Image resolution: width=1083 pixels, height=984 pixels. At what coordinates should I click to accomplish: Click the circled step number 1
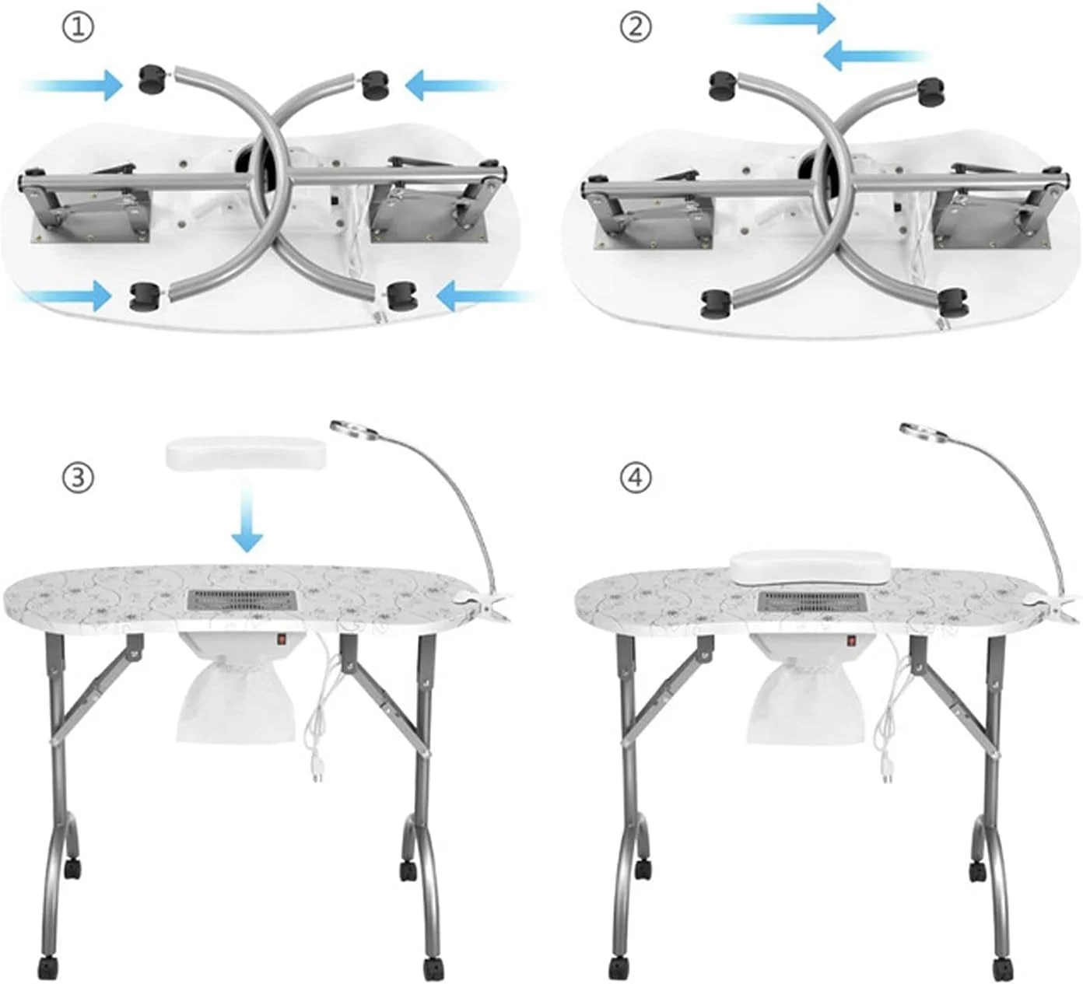(x=79, y=27)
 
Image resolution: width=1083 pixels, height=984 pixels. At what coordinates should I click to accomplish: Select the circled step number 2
(x=636, y=27)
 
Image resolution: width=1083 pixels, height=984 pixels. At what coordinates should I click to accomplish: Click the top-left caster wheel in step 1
(x=153, y=79)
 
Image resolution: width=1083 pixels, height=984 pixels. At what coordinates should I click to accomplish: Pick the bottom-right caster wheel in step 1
(x=403, y=296)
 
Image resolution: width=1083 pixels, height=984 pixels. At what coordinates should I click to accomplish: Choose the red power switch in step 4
(x=852, y=642)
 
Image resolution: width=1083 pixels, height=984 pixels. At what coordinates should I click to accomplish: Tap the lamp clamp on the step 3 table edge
(x=482, y=603)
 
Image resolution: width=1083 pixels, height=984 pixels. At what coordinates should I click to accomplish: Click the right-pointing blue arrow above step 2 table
(x=782, y=19)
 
